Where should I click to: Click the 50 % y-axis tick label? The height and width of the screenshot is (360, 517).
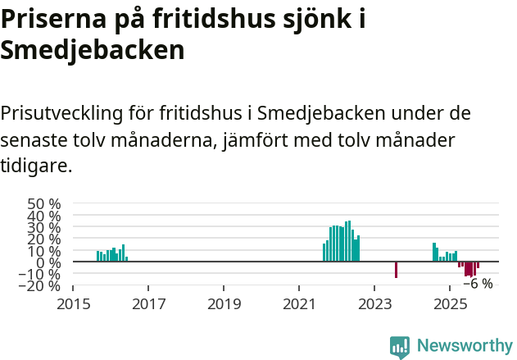tap(44, 203)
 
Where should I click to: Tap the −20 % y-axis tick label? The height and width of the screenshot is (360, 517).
tap(39, 286)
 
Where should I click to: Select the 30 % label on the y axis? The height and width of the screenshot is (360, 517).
tap(44, 227)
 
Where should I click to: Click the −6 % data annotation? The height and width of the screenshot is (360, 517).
tap(478, 285)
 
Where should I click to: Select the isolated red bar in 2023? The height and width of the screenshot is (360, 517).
tap(396, 270)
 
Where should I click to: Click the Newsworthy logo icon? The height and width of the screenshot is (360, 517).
tap(400, 347)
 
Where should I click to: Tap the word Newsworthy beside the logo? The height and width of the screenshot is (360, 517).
tap(465, 346)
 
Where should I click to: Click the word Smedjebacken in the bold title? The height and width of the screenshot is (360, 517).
tap(93, 50)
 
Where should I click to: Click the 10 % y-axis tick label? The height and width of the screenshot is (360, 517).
tap(44, 251)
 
